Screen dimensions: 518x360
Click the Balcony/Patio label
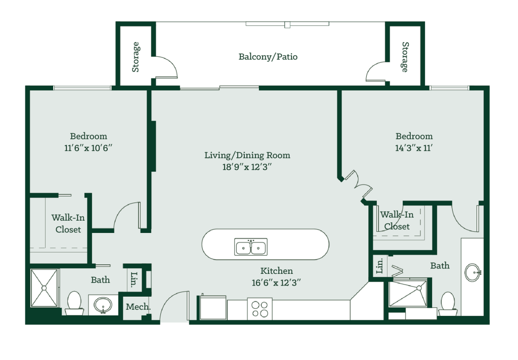[268, 57]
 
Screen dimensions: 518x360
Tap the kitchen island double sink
[251, 247]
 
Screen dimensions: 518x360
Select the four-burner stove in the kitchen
[260, 309]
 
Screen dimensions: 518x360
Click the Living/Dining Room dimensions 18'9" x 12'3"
[247, 167]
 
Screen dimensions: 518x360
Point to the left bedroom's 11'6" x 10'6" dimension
[88, 148]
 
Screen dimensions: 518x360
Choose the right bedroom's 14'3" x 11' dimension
[414, 148]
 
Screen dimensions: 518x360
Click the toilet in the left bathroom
[74, 303]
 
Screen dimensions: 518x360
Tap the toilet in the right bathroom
[448, 303]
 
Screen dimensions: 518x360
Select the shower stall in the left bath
[45, 288]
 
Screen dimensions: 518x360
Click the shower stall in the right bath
[408, 293]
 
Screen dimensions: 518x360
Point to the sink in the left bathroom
[103, 305]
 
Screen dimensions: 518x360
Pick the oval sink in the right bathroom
[473, 272]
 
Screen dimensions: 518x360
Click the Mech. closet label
[138, 307]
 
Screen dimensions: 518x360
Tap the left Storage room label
[136, 57]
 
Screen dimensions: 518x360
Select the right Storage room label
[405, 57]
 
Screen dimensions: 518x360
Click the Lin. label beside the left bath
[134, 279]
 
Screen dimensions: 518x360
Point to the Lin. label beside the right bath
[380, 266]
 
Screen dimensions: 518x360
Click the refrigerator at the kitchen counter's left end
[213, 307]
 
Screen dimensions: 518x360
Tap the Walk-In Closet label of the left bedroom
[68, 223]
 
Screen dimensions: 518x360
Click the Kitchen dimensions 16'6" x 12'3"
[277, 283]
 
